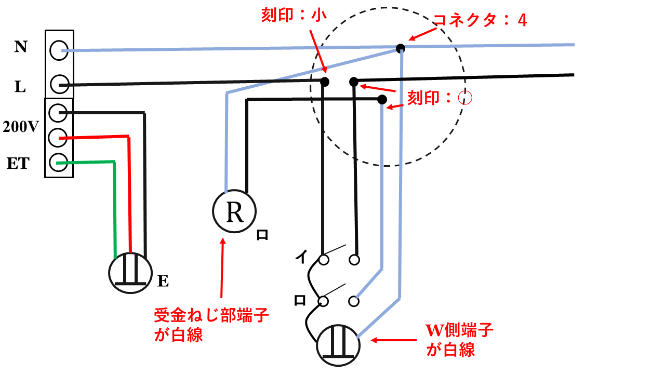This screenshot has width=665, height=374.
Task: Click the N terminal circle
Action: (x=59, y=50)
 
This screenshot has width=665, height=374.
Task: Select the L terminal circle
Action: (x=59, y=84)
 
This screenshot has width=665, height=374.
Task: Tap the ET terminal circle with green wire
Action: (x=59, y=163)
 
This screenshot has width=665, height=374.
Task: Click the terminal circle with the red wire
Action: (x=59, y=138)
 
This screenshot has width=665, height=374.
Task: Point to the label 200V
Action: (x=21, y=126)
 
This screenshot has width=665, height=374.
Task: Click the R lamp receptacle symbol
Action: (x=234, y=212)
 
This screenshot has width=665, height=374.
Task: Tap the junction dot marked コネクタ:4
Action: (x=400, y=48)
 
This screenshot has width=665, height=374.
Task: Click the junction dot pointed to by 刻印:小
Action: (x=325, y=82)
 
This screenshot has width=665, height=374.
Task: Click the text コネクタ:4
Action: (x=480, y=21)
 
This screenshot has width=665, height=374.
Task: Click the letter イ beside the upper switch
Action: (x=301, y=256)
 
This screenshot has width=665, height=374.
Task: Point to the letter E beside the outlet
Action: (x=163, y=282)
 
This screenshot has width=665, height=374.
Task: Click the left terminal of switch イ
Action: (x=324, y=259)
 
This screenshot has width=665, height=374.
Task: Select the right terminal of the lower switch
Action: (x=354, y=301)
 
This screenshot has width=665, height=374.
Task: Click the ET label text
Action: (x=18, y=164)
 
